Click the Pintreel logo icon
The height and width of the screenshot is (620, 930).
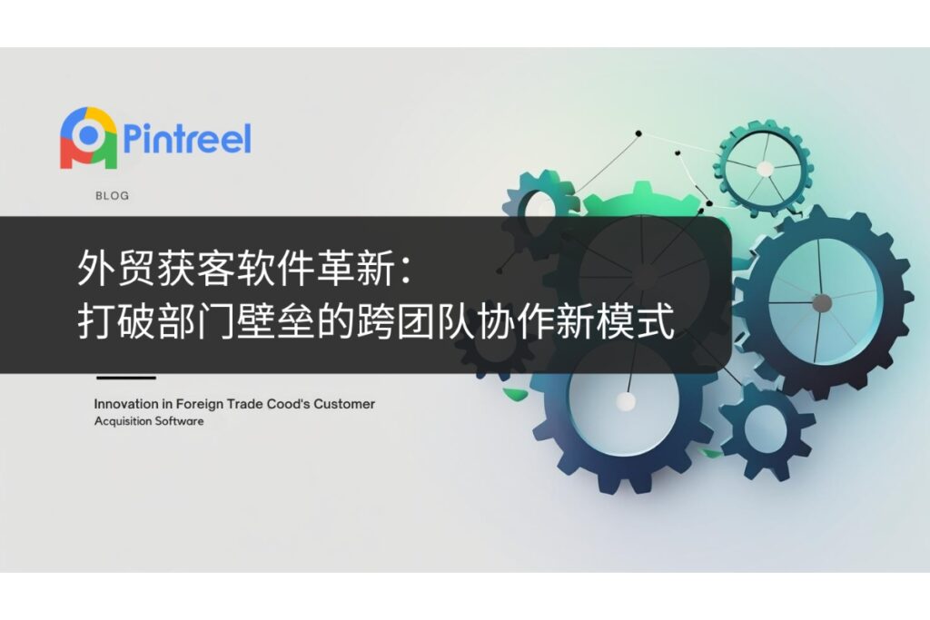88,137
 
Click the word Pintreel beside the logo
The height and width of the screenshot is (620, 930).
187,138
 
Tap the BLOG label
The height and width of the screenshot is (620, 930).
112,195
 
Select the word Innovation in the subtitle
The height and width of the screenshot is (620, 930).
125,404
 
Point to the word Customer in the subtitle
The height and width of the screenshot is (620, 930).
344,404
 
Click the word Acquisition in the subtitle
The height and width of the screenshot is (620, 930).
119,421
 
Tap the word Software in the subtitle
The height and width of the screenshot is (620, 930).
175,421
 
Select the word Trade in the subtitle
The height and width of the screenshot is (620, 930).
245,404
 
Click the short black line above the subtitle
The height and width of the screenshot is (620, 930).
125,378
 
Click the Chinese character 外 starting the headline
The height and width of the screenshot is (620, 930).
96,268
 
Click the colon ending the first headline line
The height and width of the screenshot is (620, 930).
407,270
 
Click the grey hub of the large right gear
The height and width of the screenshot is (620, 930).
821,303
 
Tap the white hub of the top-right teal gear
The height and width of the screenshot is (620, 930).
765,170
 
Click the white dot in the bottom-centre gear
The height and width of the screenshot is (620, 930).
625,402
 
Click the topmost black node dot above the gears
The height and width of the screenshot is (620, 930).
638,133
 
